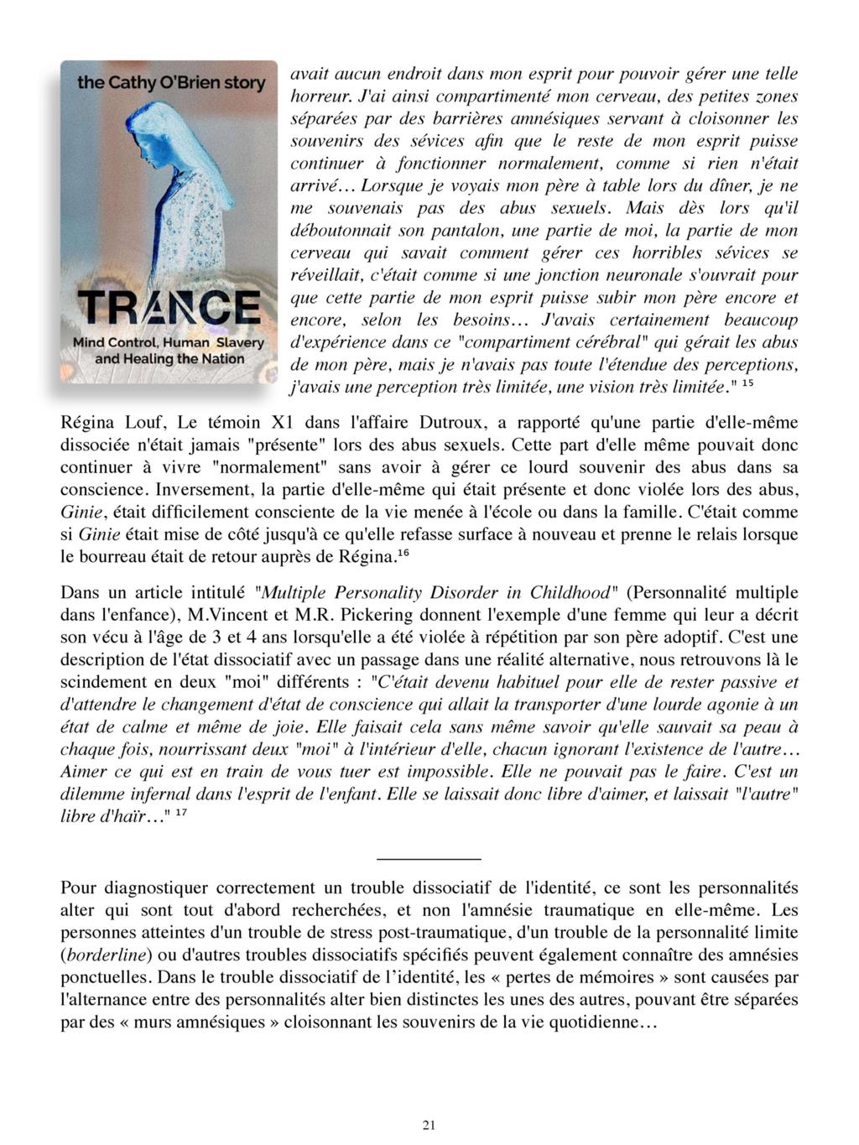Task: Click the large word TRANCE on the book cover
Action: [x=169, y=308]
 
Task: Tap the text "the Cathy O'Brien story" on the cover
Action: [x=170, y=83]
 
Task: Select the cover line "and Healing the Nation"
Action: [x=169, y=359]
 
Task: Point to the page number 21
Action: [x=429, y=1126]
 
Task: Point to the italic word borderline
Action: [x=108, y=955]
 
